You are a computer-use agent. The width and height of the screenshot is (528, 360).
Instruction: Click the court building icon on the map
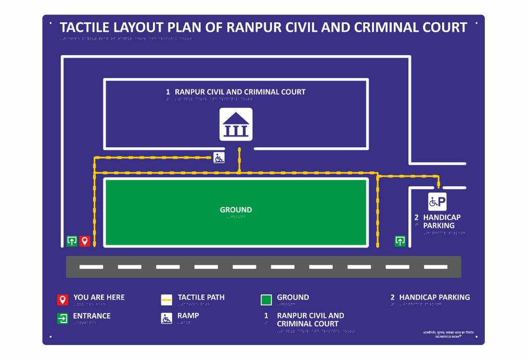(236, 125)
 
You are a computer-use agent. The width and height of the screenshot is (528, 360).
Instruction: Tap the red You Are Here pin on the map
(85, 241)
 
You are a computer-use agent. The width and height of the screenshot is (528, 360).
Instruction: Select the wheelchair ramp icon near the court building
(219, 157)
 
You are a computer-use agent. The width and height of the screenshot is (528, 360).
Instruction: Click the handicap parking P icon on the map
(437, 202)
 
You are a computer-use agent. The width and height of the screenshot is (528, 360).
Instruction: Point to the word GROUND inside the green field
(236, 210)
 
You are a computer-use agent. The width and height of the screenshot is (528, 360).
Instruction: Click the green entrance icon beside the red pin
(72, 241)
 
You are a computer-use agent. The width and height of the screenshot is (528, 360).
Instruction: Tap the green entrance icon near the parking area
(400, 241)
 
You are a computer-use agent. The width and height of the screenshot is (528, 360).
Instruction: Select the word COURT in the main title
(444, 27)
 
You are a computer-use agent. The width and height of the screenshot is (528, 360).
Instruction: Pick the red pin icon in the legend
(62, 300)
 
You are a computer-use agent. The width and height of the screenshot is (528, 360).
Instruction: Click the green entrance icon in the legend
(62, 318)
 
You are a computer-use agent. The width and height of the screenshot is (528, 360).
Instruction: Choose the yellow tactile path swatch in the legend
(167, 300)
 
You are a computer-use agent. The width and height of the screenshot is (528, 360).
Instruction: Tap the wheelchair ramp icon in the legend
(167, 318)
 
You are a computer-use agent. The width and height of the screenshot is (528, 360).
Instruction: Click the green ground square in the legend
(266, 300)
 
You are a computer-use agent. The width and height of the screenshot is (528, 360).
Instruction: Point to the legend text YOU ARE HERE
(99, 297)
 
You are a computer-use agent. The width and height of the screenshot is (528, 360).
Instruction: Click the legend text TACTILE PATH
(201, 297)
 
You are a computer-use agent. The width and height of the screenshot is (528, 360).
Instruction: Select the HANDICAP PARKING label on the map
(442, 221)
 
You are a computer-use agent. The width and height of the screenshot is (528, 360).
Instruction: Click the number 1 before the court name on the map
(168, 92)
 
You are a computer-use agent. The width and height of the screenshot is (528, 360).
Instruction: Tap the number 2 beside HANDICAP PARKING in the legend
(393, 297)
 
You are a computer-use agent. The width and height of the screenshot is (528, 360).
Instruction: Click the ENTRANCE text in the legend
(92, 316)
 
